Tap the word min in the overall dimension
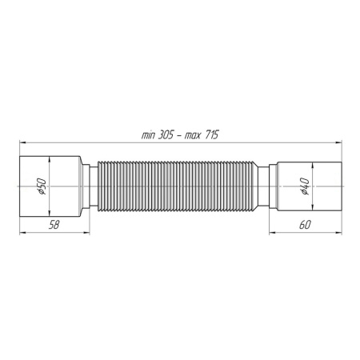pos(149,137)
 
